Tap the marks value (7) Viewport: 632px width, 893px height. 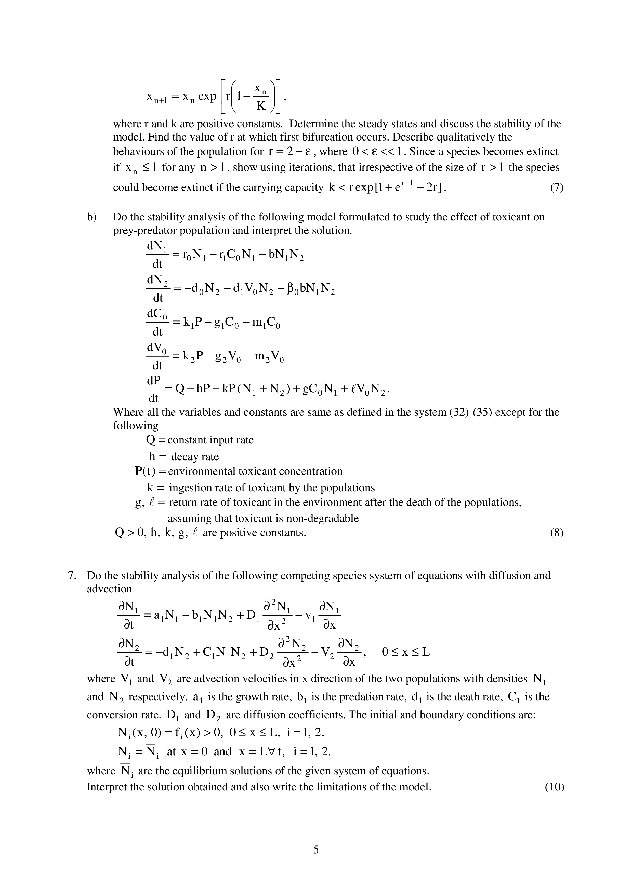[557, 187]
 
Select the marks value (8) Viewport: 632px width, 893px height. [557, 533]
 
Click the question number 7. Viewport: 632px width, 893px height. [71, 576]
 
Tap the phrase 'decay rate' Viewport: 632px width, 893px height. [195, 457]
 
